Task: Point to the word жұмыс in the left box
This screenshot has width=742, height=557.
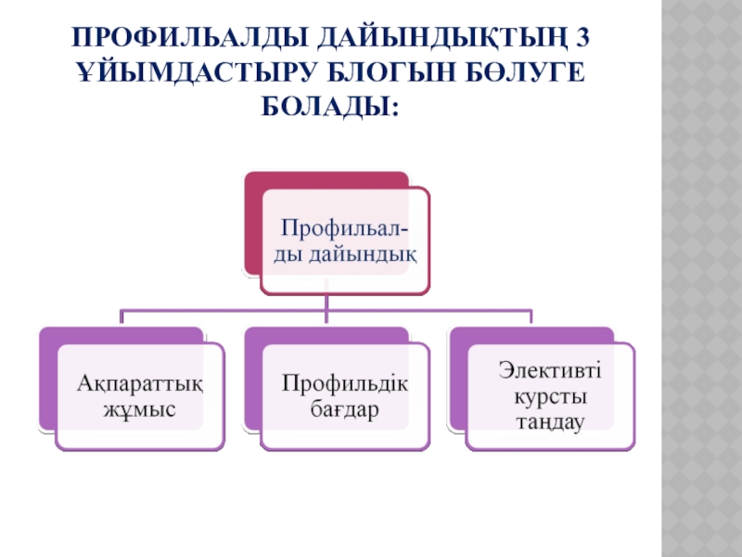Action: coord(140,408)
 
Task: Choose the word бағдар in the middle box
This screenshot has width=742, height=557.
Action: coord(345,408)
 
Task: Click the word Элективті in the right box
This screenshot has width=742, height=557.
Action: coord(549,372)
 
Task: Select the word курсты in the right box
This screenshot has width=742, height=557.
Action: coord(549,396)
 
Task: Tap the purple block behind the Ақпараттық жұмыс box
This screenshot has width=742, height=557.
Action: coord(47,381)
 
